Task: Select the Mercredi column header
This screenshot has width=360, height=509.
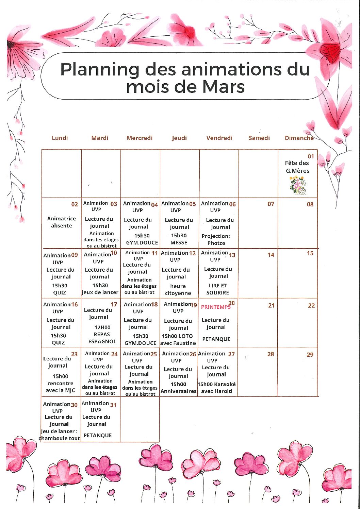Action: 140,138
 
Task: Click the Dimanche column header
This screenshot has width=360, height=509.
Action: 299,138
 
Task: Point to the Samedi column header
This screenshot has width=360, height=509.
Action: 259,138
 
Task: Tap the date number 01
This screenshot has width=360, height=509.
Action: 311,156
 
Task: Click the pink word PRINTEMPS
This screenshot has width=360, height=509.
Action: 215,307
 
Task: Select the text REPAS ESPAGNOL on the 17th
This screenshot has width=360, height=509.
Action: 102,338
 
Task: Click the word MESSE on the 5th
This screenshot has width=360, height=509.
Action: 179,242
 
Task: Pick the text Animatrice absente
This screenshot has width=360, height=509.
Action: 62,222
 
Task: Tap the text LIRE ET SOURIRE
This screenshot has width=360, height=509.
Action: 217,289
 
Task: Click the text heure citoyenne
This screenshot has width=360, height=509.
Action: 178,290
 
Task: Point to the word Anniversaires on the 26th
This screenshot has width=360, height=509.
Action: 178,391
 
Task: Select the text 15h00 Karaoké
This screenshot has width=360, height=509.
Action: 216,384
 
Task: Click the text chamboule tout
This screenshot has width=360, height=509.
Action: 60,438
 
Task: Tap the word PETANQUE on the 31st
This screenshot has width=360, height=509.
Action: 98,435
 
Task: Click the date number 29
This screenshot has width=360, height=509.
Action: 310,355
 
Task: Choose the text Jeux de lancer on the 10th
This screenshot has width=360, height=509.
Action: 100,292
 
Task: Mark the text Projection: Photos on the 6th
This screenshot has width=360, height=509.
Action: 216,239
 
